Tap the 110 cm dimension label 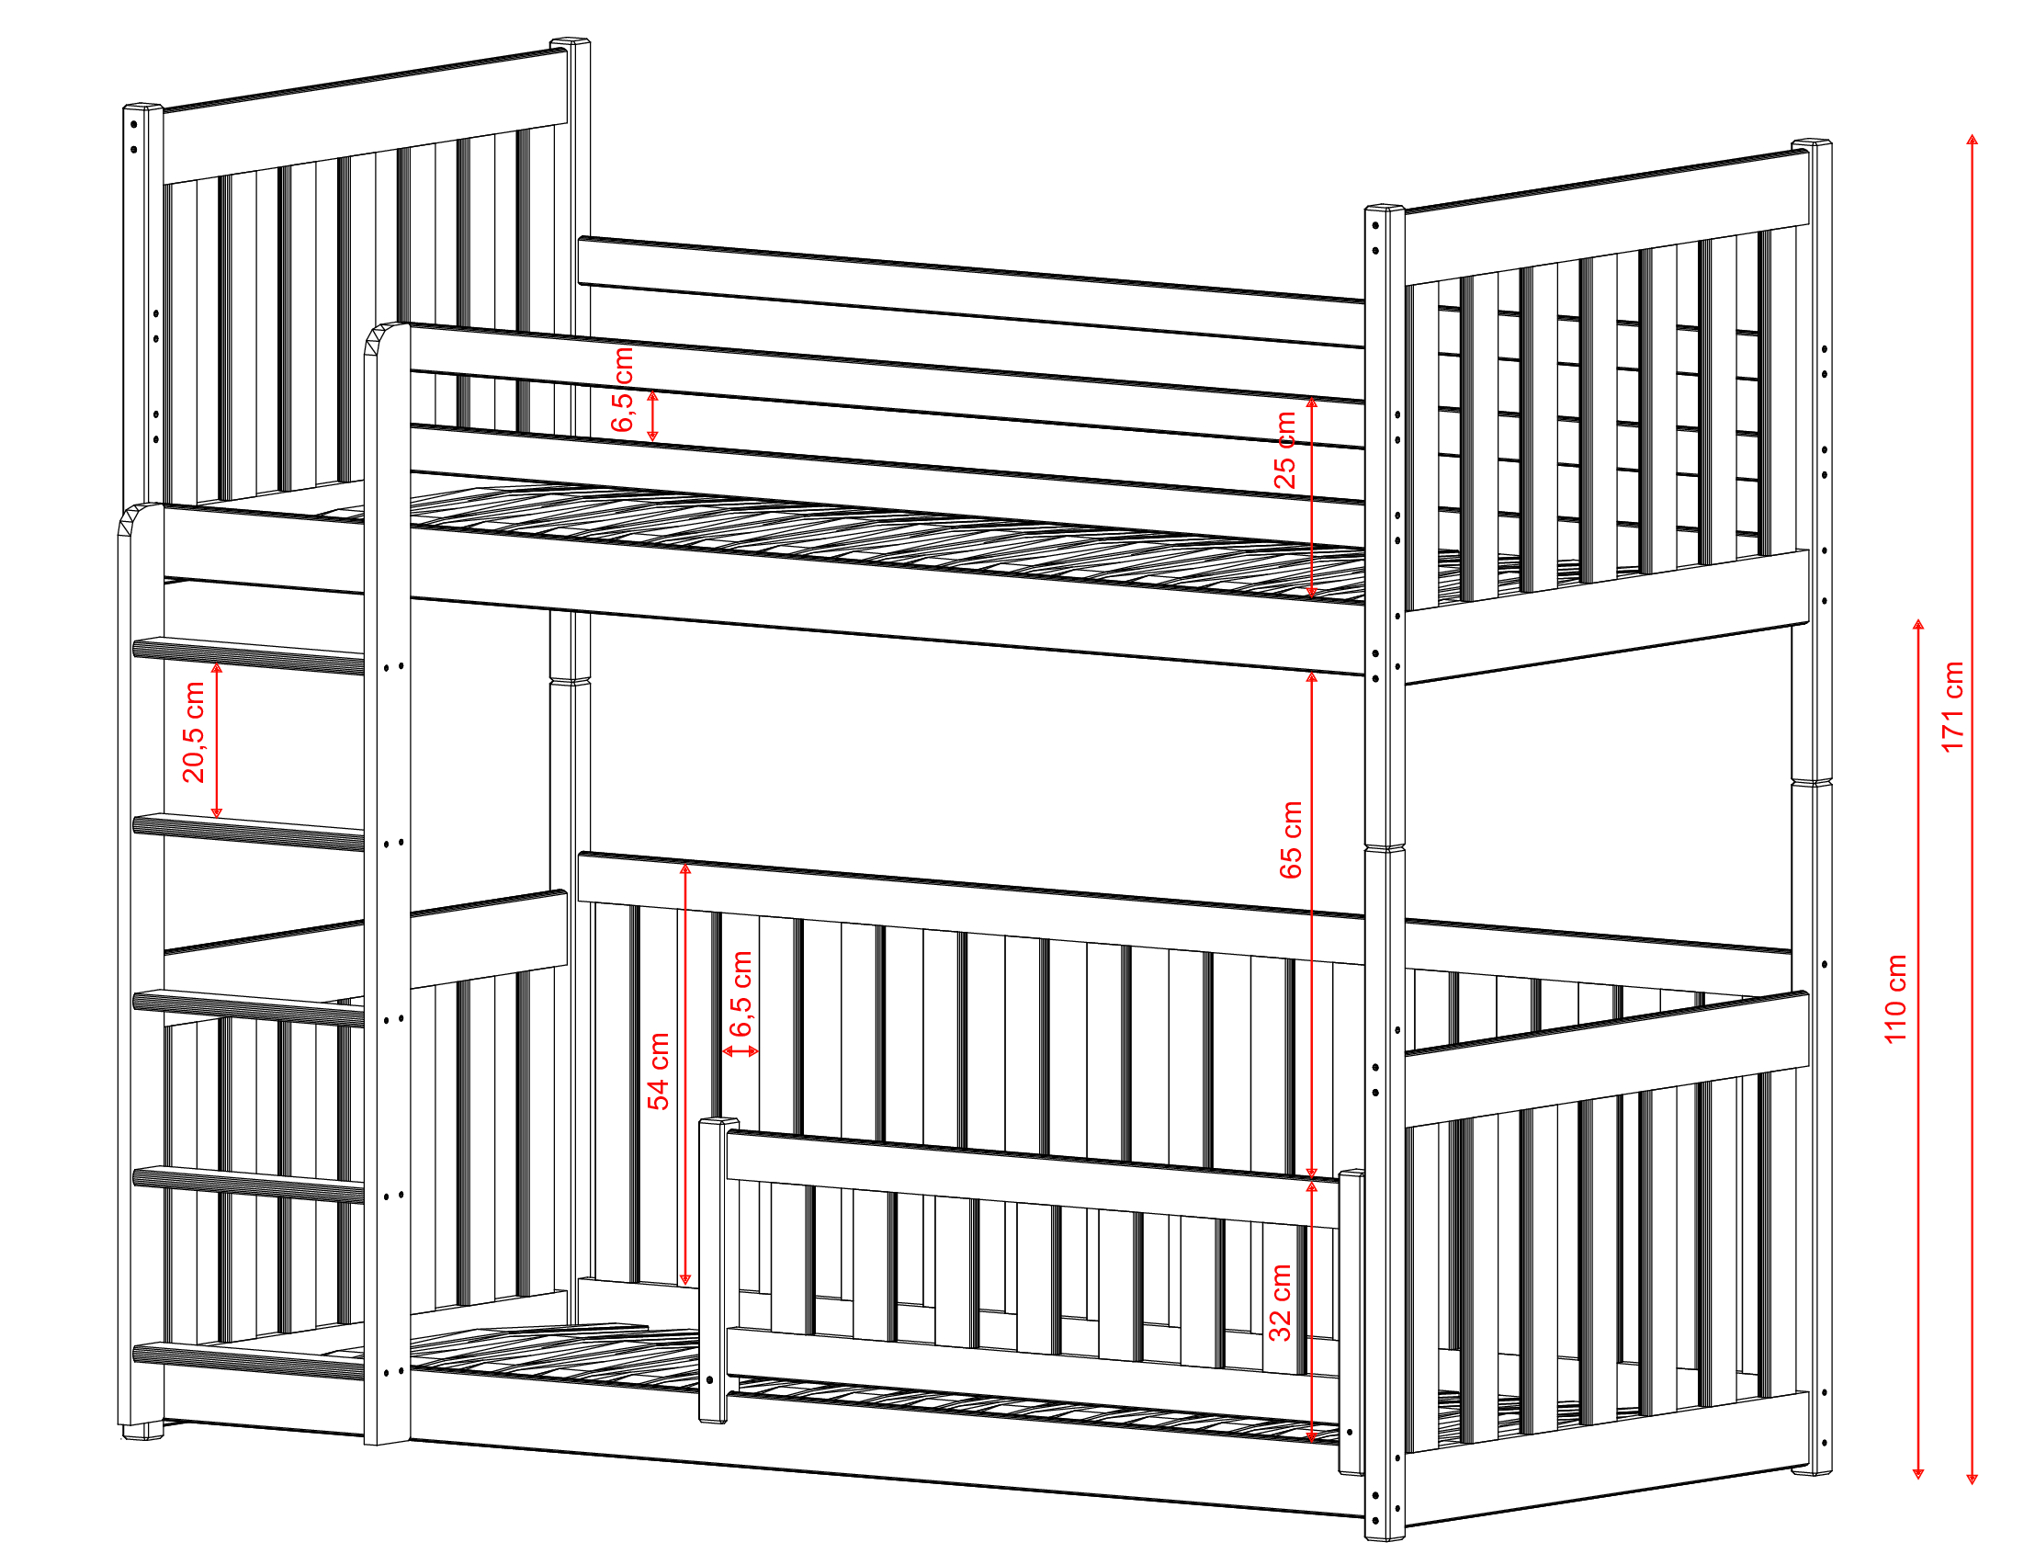click(x=1895, y=999)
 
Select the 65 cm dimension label click(x=1290, y=839)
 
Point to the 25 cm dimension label click(x=1284, y=449)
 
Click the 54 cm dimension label click(x=658, y=1071)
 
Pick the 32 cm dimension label click(x=1280, y=1301)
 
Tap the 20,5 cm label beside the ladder click(x=194, y=731)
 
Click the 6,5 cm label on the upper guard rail click(x=623, y=390)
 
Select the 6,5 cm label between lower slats click(x=741, y=993)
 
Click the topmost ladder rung click(x=248, y=654)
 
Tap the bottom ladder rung click(x=248, y=1360)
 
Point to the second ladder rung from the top click(x=248, y=832)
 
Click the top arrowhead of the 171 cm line click(x=1973, y=140)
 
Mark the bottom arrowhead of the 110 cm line click(x=1918, y=1472)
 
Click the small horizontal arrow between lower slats click(x=741, y=1050)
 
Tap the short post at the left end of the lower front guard click(x=713, y=1270)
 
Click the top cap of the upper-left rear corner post click(x=570, y=42)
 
